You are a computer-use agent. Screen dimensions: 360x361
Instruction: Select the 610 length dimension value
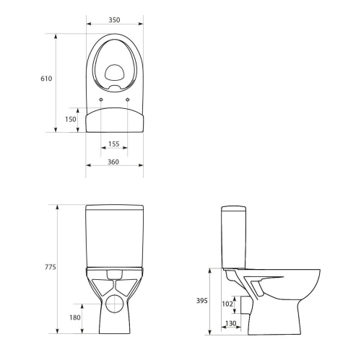click(45, 78)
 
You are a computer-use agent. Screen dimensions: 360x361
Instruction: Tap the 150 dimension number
click(69, 119)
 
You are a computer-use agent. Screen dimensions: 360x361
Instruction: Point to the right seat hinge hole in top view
click(128, 100)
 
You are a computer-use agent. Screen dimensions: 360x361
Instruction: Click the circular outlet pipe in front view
click(114, 304)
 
